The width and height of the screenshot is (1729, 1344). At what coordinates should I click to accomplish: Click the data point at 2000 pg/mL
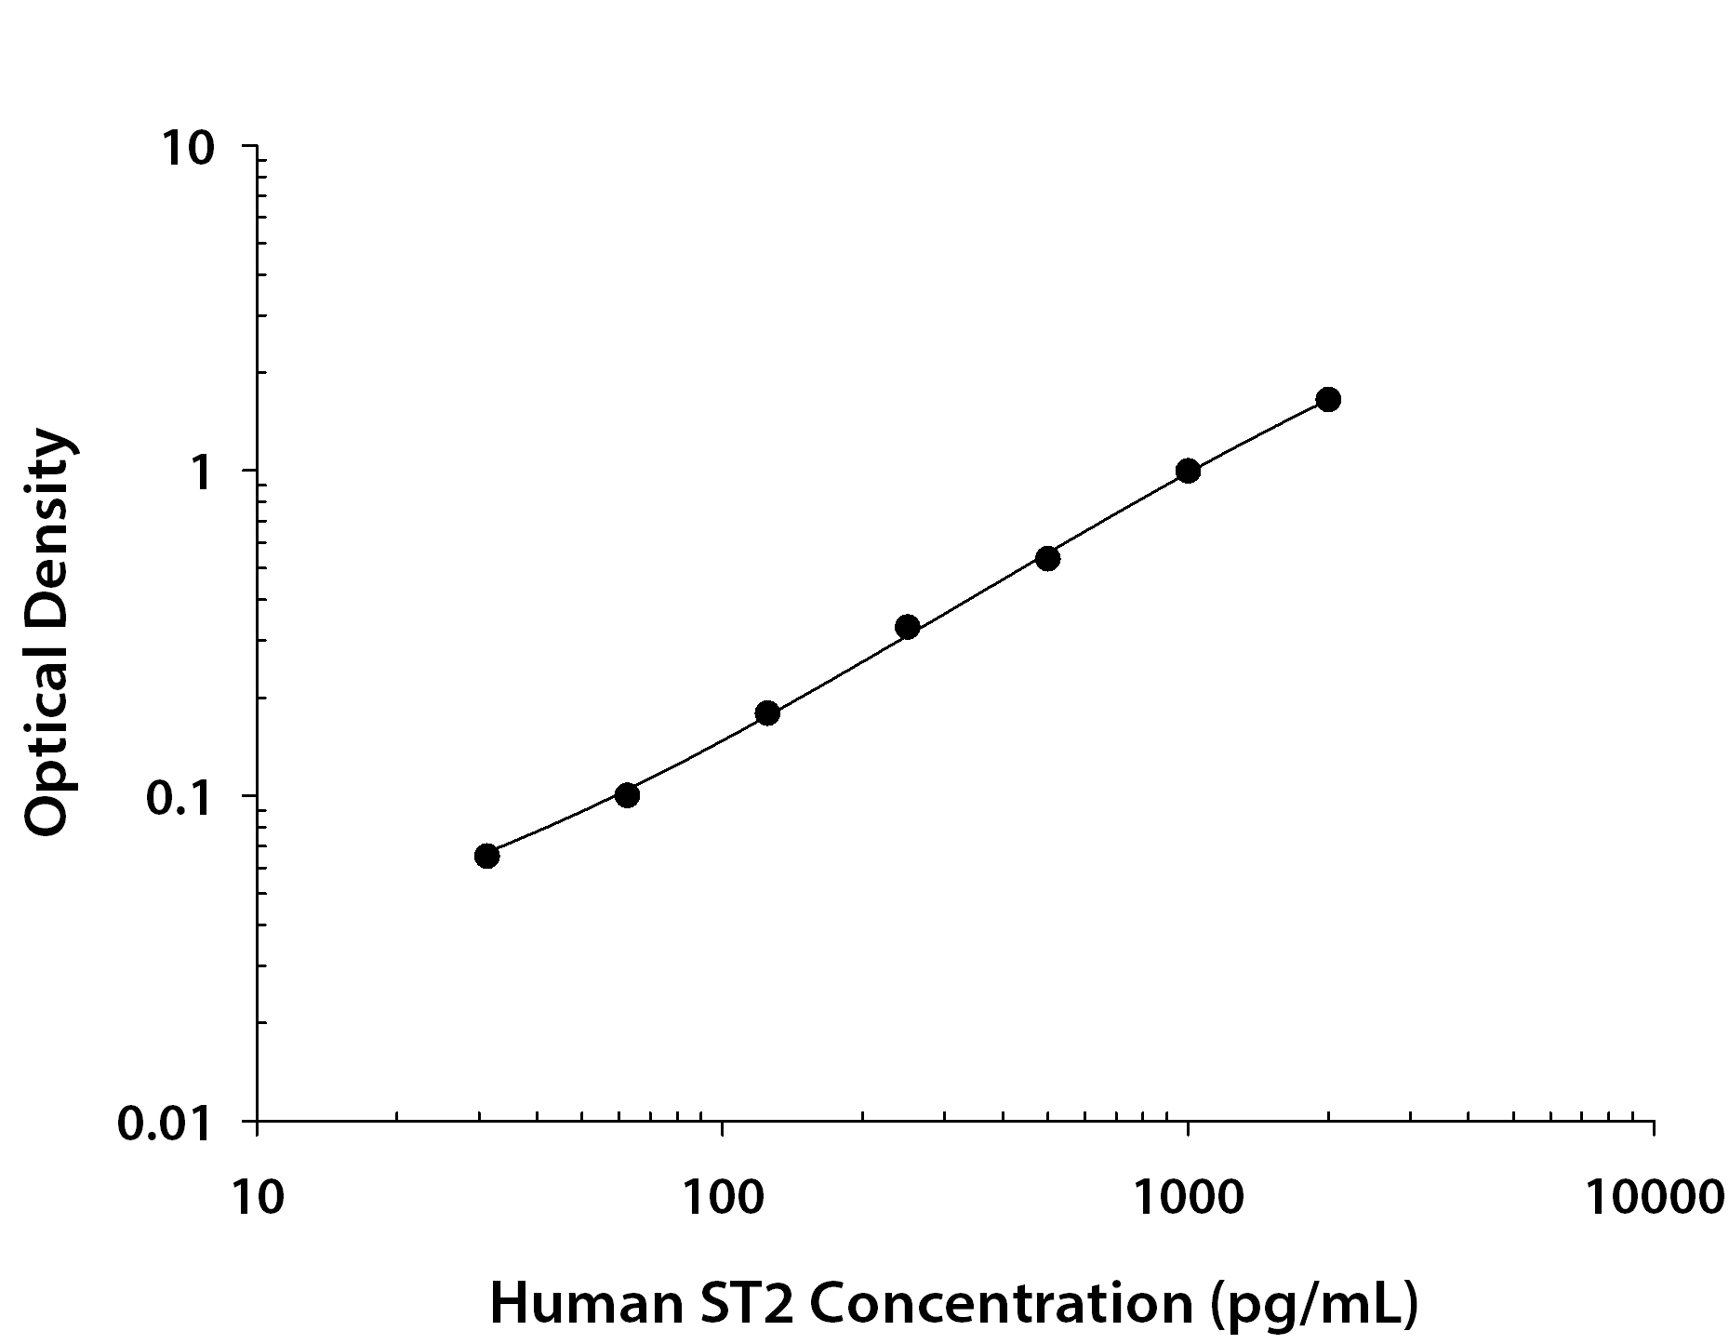click(1328, 400)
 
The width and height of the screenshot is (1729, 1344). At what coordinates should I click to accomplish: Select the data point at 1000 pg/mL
click(1188, 471)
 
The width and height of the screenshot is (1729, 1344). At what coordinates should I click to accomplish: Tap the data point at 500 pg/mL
click(1047, 558)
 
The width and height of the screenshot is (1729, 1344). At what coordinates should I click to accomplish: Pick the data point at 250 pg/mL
click(907, 627)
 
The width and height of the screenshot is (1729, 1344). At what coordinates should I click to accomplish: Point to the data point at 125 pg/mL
click(767, 713)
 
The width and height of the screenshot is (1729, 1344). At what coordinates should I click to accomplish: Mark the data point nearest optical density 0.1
click(627, 795)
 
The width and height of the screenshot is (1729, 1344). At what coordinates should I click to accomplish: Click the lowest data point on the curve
click(486, 856)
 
